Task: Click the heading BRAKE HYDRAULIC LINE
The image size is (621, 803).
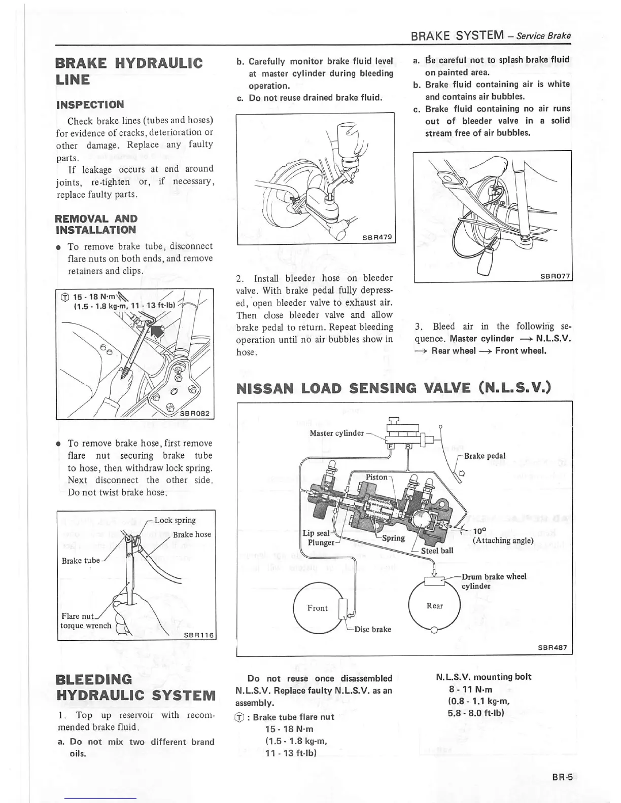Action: click(129, 71)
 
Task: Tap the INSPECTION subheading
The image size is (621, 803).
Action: click(90, 105)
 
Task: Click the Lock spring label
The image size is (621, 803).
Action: click(175, 520)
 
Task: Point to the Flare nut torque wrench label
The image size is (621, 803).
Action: click(86, 621)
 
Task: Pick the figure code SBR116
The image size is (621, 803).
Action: click(198, 635)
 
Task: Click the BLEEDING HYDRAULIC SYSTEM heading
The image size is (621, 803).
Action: click(135, 687)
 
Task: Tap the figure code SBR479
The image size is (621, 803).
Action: click(377, 237)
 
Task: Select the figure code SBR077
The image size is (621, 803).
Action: click(555, 276)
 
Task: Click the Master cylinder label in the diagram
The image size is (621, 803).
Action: click(336, 433)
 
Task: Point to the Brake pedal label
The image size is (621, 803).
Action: click(485, 456)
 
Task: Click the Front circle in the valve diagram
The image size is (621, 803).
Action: click(318, 608)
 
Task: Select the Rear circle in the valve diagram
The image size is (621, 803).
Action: click(434, 606)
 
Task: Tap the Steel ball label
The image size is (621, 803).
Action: click(437, 551)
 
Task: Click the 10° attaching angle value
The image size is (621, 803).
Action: click(479, 531)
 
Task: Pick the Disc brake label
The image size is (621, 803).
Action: click(372, 629)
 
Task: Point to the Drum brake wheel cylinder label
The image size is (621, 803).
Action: click(494, 581)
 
